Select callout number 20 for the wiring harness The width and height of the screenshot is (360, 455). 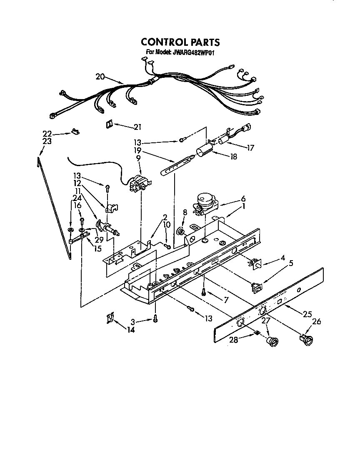click(x=100, y=76)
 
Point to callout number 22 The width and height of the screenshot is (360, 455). click(x=47, y=133)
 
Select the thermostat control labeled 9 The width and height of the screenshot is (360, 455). click(x=137, y=183)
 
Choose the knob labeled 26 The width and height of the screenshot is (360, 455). click(x=307, y=340)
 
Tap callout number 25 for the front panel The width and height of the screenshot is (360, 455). click(x=307, y=314)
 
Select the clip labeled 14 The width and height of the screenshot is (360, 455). click(x=109, y=319)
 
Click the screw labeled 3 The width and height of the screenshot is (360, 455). click(x=155, y=319)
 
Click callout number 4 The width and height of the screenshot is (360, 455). click(x=283, y=258)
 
